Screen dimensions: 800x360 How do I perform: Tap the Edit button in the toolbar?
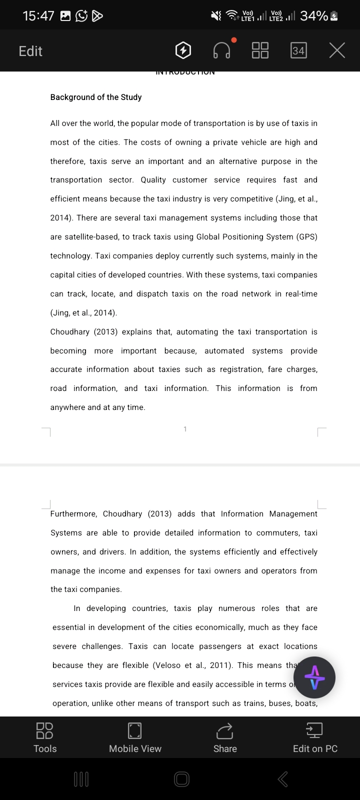point(30,51)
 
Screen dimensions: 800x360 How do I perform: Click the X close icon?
point(337,50)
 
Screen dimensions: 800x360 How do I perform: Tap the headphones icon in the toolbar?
point(222,50)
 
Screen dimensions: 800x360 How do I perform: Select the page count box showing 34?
point(298,50)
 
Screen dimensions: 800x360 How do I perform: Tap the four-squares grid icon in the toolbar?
point(260,50)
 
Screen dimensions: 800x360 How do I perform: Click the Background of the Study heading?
point(96,97)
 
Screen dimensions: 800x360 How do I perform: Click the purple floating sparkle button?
point(314,677)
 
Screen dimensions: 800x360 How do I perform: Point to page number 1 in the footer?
point(185,429)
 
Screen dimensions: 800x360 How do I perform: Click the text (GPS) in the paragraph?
point(306,237)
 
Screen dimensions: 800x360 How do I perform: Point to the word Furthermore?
point(73,514)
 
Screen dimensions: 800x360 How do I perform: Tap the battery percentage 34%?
point(314,16)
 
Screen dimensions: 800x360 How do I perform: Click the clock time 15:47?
point(38,16)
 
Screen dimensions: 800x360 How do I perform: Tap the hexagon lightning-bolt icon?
point(183,50)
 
